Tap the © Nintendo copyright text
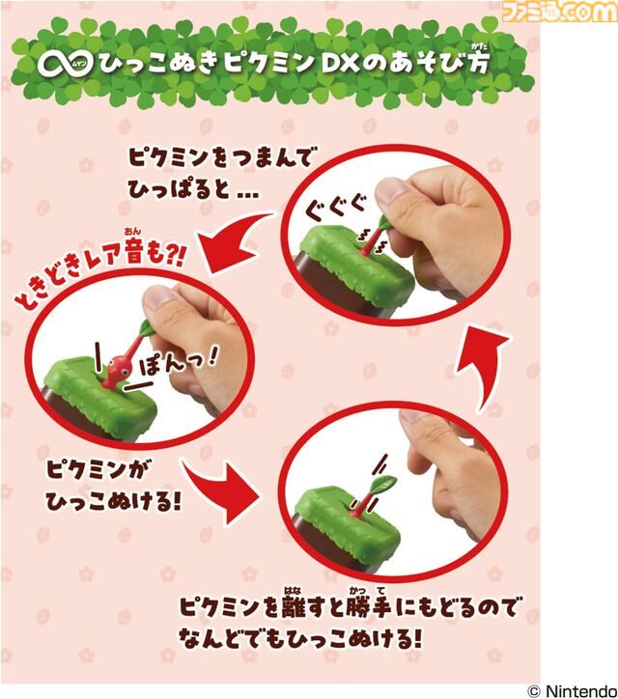pos(574,689)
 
